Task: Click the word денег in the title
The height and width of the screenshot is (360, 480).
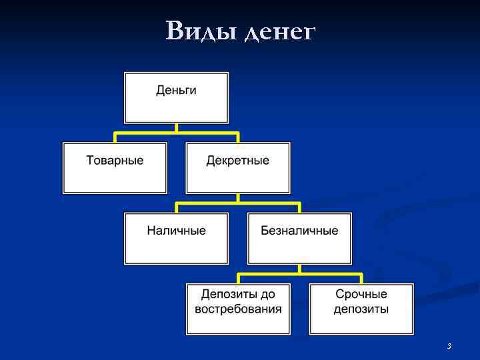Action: [279, 31]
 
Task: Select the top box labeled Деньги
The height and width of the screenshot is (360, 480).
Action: [176, 97]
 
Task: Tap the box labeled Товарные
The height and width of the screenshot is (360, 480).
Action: [115, 167]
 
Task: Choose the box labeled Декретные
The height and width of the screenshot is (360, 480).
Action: [237, 167]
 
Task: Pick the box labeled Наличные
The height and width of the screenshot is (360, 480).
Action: [176, 238]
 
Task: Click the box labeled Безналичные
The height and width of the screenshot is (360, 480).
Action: [299, 238]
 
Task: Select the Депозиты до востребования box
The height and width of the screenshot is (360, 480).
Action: [238, 309]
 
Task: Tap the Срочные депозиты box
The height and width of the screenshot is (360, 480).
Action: [361, 309]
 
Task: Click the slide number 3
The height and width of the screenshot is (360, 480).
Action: [449, 346]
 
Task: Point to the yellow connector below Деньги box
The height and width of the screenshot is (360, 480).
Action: [176, 128]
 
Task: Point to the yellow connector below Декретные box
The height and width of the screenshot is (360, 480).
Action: [238, 199]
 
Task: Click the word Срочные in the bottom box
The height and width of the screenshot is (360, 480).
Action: [361, 294]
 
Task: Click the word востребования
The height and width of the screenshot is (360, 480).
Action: [238, 309]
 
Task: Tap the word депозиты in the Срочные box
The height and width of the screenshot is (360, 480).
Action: [361, 309]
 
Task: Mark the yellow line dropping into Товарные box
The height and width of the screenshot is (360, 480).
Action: [115, 137]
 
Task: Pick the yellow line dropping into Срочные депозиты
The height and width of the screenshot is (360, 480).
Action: [361, 278]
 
